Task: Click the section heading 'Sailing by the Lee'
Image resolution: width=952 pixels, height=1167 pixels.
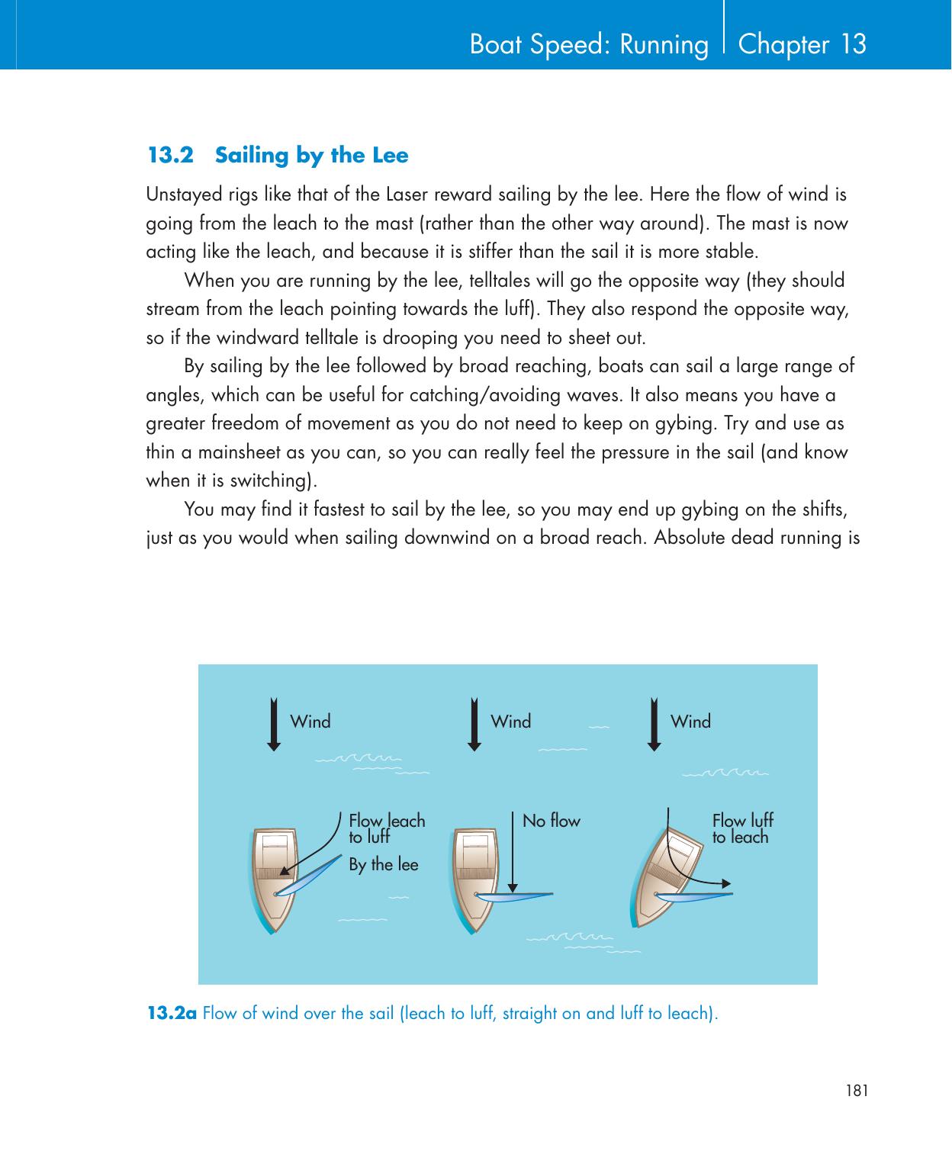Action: coord(312,156)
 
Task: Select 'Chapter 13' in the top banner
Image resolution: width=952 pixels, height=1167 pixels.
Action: coord(802,44)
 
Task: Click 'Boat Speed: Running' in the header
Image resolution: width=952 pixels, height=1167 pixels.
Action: coord(589,45)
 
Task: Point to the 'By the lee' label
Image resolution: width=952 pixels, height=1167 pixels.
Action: coord(383,865)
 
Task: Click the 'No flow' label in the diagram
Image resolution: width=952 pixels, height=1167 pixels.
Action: coord(551,821)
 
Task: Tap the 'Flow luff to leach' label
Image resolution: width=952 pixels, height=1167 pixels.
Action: coord(741,829)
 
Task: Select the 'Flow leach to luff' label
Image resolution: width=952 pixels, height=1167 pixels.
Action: coord(386,829)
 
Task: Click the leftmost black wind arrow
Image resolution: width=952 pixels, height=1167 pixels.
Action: coord(275,725)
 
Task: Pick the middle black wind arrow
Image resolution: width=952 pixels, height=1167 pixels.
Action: coord(474,725)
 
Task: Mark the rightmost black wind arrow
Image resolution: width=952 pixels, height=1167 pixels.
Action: coord(654,725)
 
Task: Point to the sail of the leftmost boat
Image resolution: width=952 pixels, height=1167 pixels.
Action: coord(309,876)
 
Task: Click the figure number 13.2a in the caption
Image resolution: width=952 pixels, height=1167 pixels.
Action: coord(172,1014)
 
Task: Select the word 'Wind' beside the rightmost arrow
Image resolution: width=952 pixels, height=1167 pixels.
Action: coord(690,722)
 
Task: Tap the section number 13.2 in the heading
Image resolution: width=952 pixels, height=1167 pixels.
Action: coord(170,156)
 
